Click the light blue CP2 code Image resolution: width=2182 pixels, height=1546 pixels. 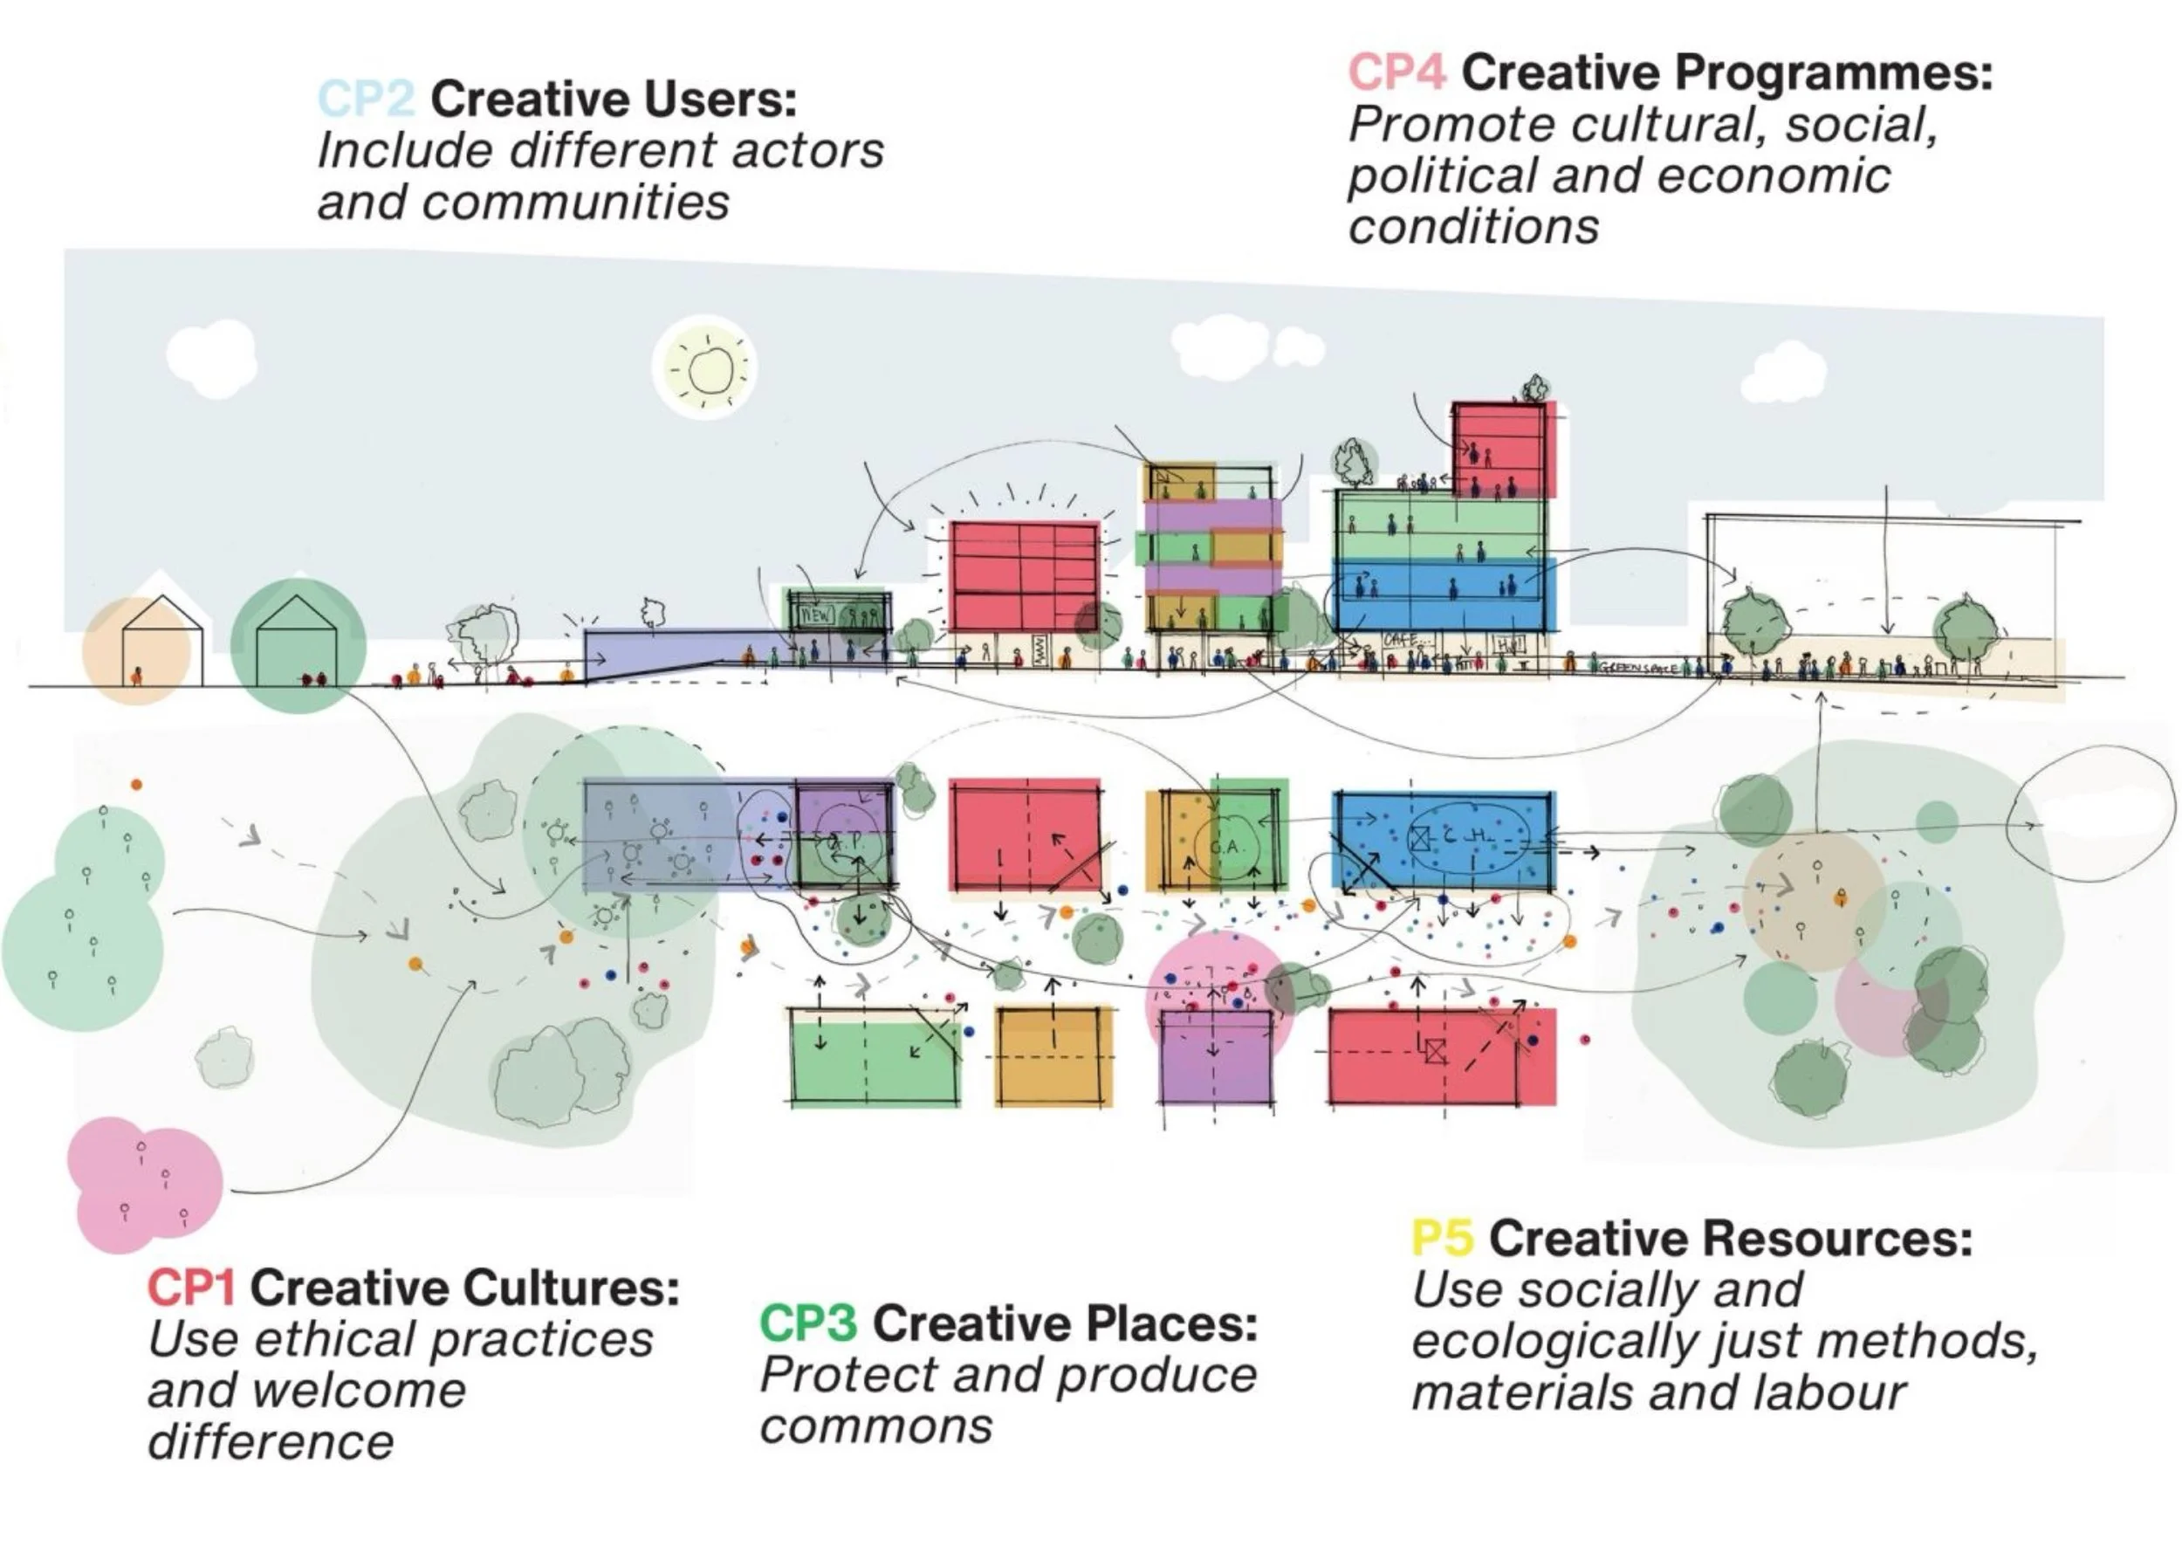[366, 99]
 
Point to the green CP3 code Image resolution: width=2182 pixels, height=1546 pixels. [808, 1323]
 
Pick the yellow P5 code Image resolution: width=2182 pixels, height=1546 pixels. [1442, 1238]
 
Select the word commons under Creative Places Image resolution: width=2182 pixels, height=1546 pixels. [875, 1426]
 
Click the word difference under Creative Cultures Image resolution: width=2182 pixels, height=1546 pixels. [271, 1441]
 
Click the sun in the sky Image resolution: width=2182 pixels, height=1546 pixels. [706, 369]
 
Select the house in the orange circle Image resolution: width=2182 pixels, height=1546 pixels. [161, 642]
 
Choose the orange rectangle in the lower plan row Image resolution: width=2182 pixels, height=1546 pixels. [1054, 1056]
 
